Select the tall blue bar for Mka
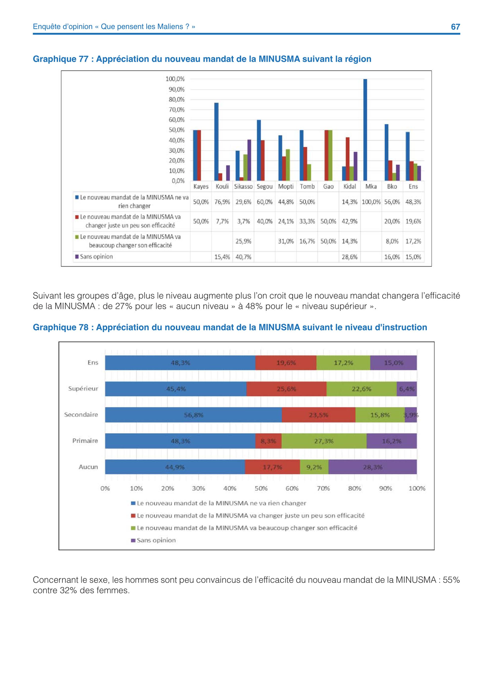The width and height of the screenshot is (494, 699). pyautogui.click(x=365, y=130)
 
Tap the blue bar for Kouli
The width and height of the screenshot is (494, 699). pyautogui.click(x=216, y=142)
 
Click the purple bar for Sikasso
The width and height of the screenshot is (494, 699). pyautogui.click(x=249, y=160)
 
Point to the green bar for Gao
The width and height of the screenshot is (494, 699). pyautogui.click(x=330, y=155)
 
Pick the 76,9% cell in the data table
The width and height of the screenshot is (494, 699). pyautogui.click(x=222, y=202)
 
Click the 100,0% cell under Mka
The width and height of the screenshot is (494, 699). pyautogui.click(x=371, y=202)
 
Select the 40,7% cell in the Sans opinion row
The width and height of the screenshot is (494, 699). pyautogui.click(x=243, y=257)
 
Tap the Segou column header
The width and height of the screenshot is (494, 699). pyautogui.click(x=264, y=187)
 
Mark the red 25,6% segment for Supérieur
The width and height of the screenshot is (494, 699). pyautogui.click(x=286, y=389)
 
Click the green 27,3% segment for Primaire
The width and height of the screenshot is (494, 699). pyautogui.click(x=324, y=441)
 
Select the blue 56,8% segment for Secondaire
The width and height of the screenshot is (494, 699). pyautogui.click(x=193, y=415)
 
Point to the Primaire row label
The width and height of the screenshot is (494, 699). pyautogui.click(x=85, y=441)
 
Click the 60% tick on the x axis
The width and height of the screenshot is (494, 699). pyautogui.click(x=292, y=489)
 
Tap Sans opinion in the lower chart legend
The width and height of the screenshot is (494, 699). pyautogui.click(x=156, y=540)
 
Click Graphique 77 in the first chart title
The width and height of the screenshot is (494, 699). pyautogui.click(x=61, y=59)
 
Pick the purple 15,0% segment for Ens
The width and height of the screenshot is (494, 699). pyautogui.click(x=393, y=363)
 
